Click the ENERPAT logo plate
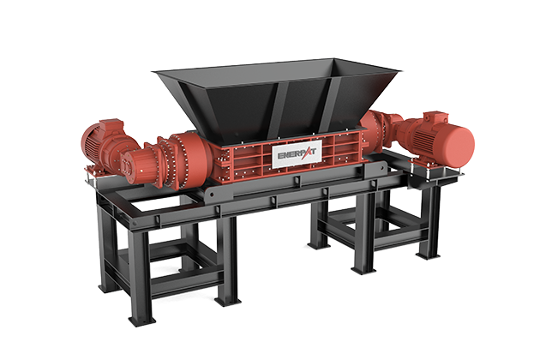[x=297, y=154]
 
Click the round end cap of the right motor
[x=459, y=143]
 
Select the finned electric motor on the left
[x=97, y=143]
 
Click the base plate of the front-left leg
[x=141, y=321]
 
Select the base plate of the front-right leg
[x=364, y=271]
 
